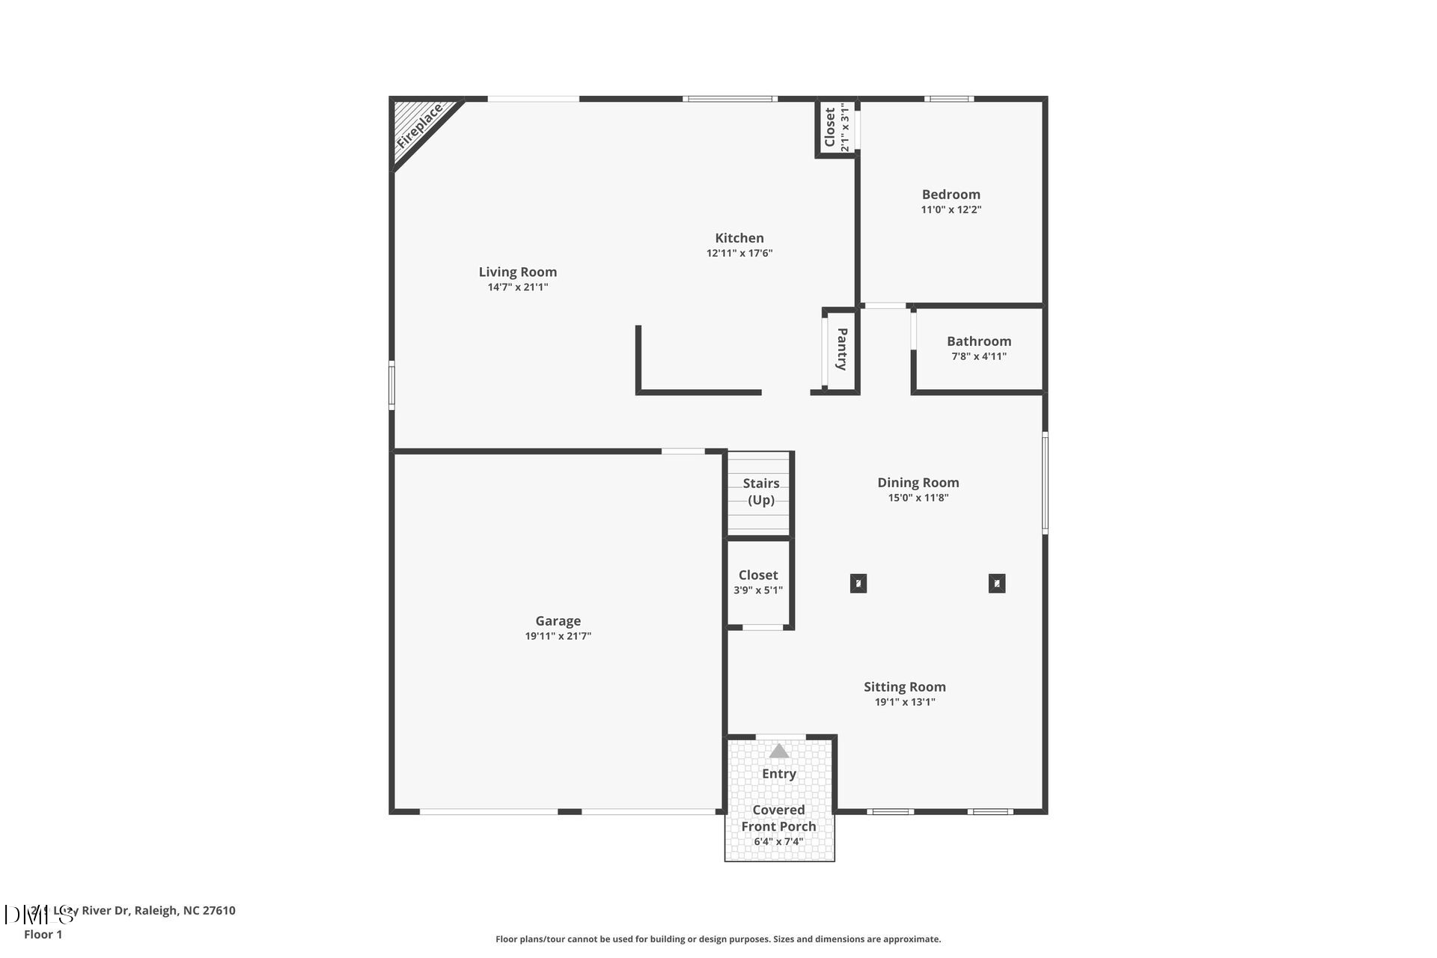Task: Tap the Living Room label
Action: point(518,272)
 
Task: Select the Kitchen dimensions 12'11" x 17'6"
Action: point(739,253)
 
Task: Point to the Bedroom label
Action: point(951,195)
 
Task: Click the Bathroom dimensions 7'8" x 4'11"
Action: point(979,356)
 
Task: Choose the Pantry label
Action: point(842,349)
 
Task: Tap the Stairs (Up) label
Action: point(761,492)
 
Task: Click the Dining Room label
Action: point(918,483)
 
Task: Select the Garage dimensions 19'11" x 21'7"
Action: point(558,636)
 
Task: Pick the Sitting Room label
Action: point(905,687)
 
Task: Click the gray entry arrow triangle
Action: point(779,751)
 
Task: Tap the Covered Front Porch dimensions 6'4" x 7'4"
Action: point(778,841)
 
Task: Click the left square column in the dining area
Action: point(858,583)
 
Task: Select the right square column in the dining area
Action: point(997,583)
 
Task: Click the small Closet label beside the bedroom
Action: point(830,127)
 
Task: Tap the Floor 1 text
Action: point(43,935)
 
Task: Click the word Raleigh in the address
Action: point(157,911)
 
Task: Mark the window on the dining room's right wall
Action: point(1045,482)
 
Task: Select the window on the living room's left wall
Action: point(391,385)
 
